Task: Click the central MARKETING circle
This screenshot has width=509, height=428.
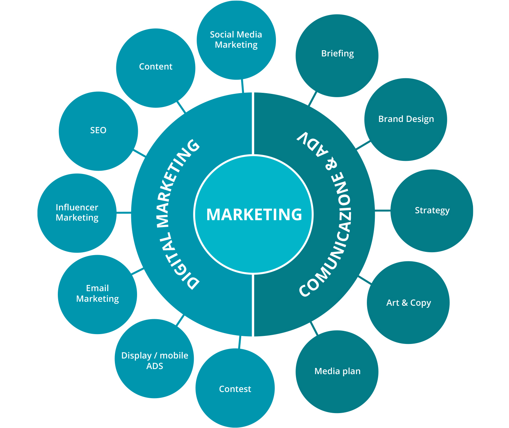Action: (254, 214)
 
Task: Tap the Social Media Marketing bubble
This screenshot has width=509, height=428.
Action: (236, 40)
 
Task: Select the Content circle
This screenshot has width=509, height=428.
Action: (156, 68)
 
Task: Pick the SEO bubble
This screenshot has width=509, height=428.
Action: (98, 131)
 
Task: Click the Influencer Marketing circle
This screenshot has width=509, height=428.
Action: (77, 213)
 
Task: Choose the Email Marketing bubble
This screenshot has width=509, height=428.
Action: (97, 294)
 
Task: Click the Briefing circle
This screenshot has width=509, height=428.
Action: (337, 55)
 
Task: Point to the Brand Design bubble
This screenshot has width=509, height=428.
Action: (405, 119)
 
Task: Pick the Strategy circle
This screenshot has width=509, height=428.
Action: (432, 211)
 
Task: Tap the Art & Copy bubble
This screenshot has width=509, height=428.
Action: (408, 302)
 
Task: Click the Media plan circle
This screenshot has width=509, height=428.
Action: (337, 372)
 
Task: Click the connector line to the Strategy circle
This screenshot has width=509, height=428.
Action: (382, 210)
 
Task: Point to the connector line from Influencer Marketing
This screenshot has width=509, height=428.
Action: (124, 213)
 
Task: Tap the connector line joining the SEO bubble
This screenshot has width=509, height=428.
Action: (140, 153)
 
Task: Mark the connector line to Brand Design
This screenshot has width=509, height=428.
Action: (363, 145)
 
